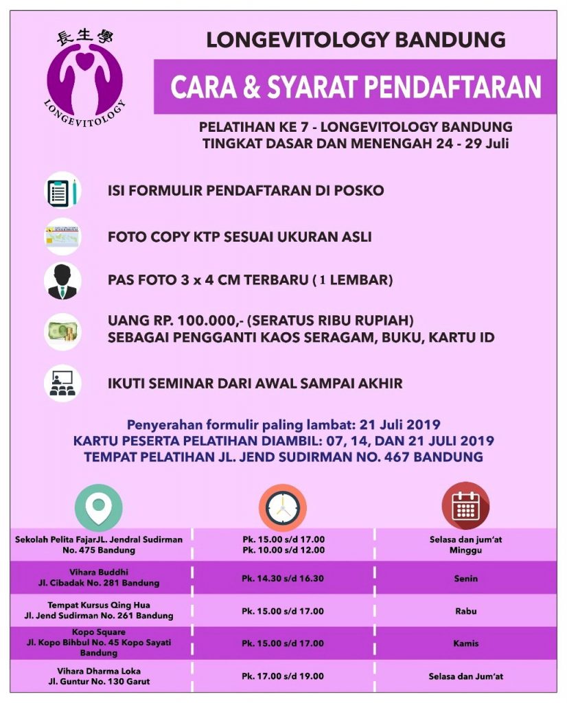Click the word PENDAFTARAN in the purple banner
452,87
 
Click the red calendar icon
465,506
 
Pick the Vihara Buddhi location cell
99,577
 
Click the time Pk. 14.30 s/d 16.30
282,579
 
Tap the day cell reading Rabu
465,611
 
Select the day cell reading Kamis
465,643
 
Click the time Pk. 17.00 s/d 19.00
282,676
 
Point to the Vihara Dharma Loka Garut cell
99,676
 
